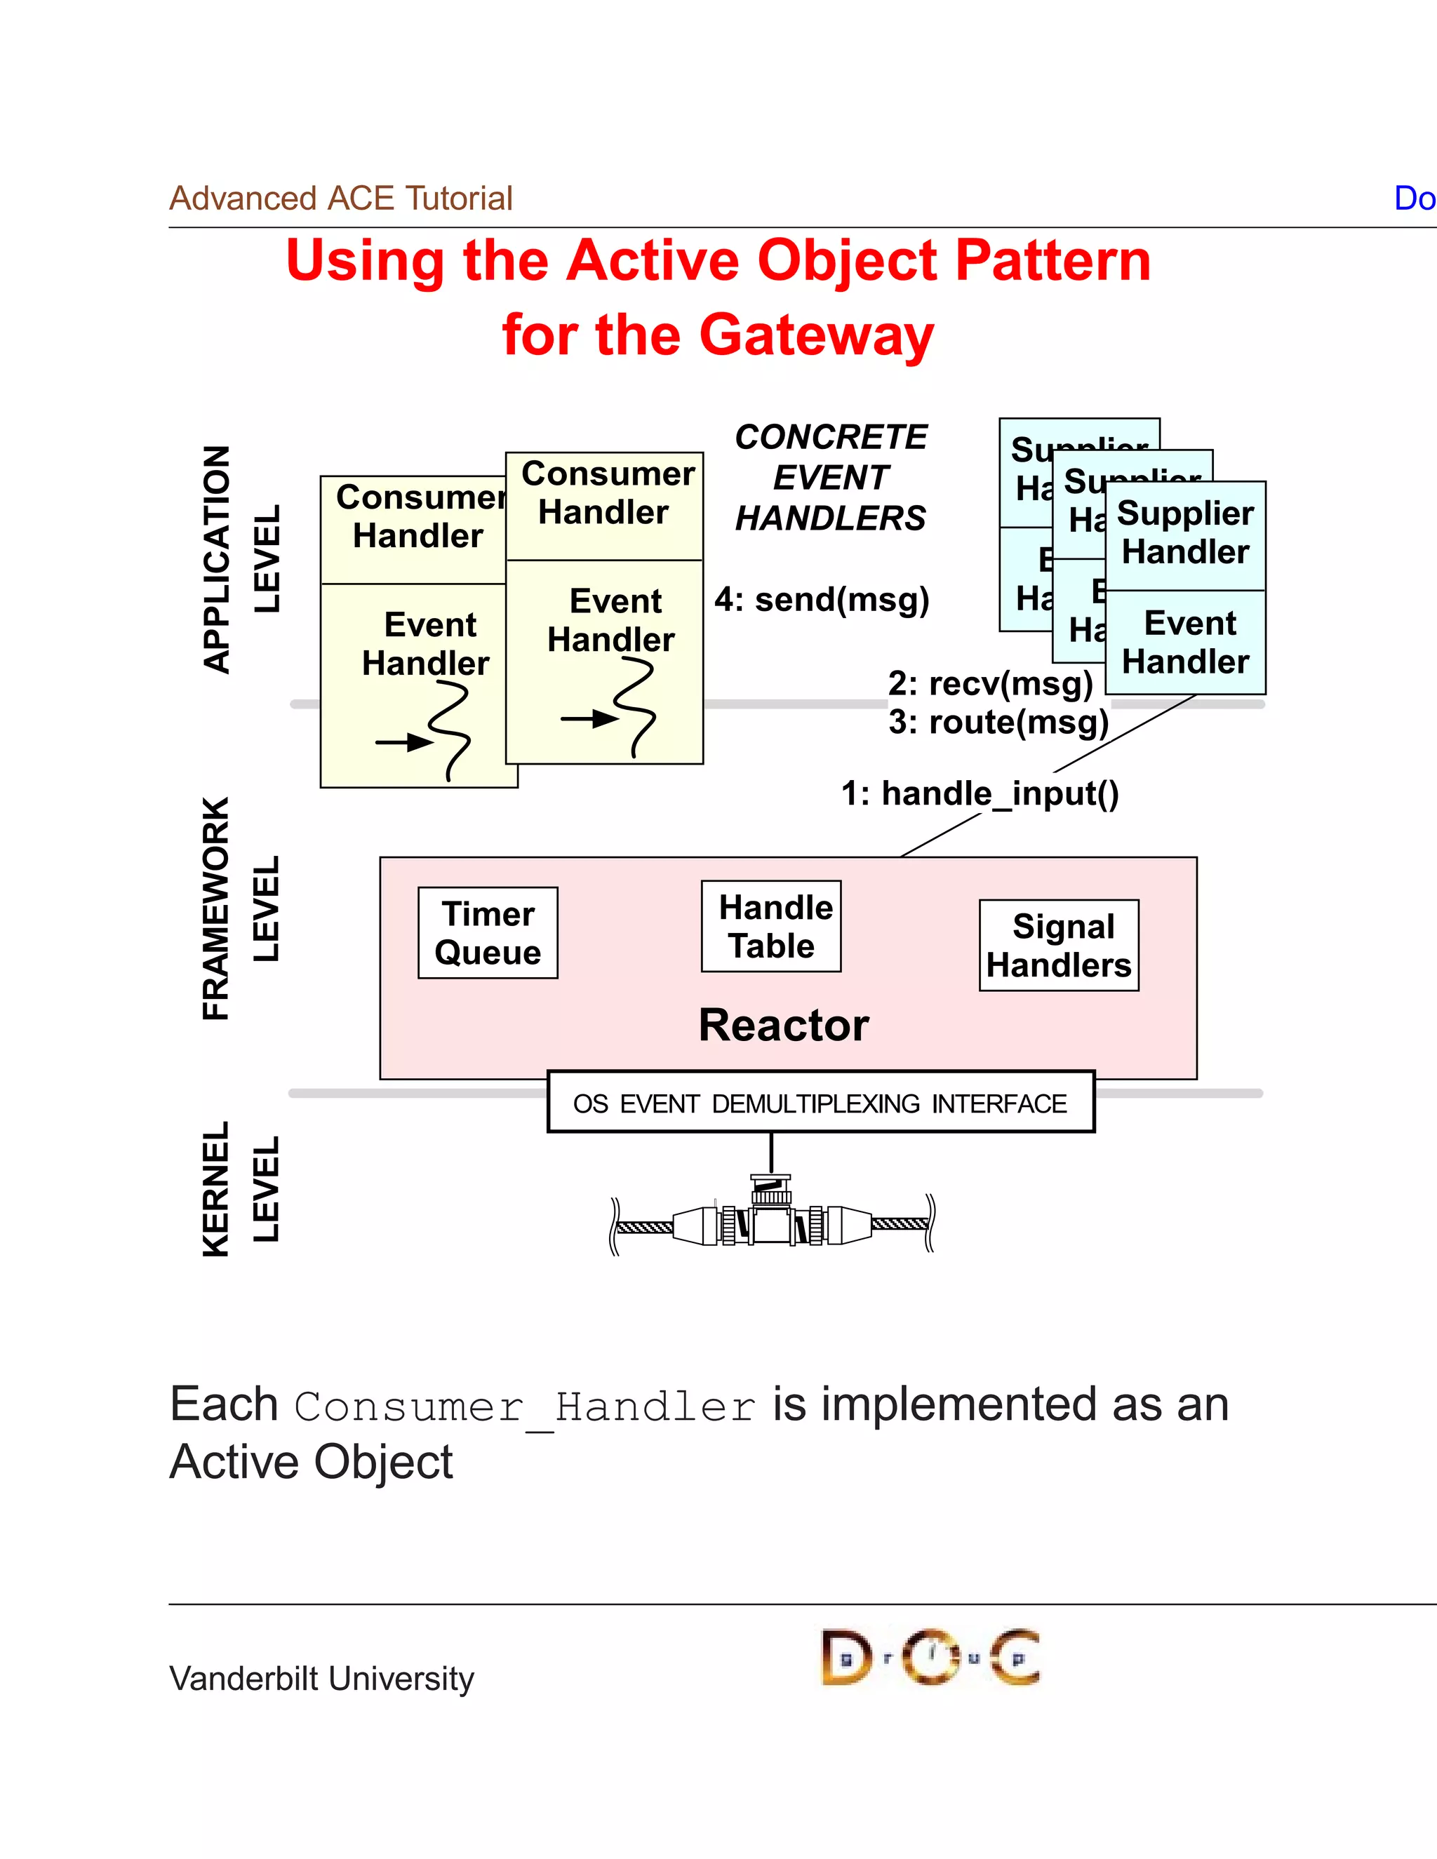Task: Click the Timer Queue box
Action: (x=488, y=933)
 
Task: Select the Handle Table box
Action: (x=771, y=926)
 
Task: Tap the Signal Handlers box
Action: (x=1059, y=946)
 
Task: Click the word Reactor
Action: (x=783, y=1025)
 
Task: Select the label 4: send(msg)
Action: (x=822, y=600)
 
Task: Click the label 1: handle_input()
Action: (x=980, y=793)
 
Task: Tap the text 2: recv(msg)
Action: (x=990, y=683)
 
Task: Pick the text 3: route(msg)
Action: (x=998, y=723)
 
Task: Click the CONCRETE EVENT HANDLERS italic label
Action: (x=831, y=478)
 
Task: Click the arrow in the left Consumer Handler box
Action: (x=404, y=742)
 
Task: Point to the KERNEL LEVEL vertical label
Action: (x=240, y=1188)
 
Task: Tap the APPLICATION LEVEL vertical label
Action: (x=240, y=559)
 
